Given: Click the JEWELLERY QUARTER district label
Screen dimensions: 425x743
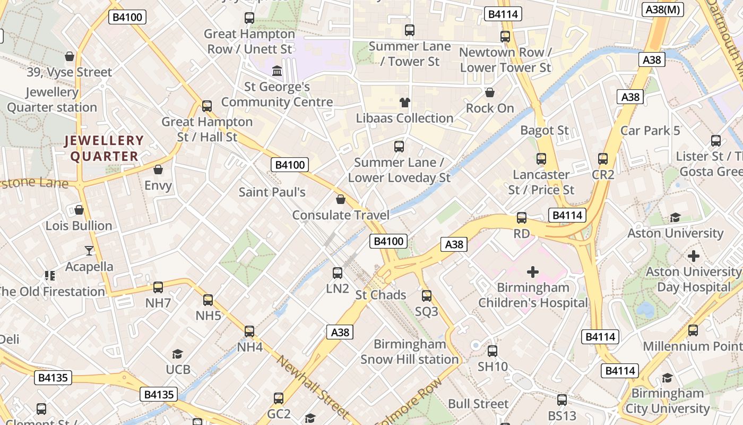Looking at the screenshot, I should [104, 148].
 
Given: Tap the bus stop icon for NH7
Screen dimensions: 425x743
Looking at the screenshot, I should [158, 287].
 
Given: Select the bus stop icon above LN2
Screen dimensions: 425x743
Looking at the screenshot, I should [338, 273].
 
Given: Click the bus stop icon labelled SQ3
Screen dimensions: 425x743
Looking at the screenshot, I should [427, 296].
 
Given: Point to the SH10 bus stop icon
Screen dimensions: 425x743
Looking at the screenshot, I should [493, 351].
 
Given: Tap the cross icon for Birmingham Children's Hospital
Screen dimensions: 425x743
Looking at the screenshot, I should [533, 273].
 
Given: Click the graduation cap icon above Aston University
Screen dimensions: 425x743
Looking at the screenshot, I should [675, 218].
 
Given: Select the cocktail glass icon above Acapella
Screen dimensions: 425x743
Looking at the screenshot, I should [89, 251].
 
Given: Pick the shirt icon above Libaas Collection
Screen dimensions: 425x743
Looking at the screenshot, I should [404, 103].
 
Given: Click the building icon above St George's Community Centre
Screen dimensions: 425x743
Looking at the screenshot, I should [277, 71].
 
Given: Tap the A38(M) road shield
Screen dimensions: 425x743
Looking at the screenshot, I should [663, 10].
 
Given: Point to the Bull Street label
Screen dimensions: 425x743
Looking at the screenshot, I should [478, 404].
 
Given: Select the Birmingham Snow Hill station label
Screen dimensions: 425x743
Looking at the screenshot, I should [409, 352].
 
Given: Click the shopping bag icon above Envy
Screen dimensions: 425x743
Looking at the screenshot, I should [158, 170].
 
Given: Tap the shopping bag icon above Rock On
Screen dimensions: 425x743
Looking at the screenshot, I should [490, 93].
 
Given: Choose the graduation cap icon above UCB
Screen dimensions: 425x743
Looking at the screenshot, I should [178, 354].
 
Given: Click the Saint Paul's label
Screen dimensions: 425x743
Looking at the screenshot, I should [272, 192].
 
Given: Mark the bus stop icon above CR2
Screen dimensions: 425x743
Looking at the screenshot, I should [603, 159].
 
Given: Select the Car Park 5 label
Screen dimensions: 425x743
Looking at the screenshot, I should [650, 130].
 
